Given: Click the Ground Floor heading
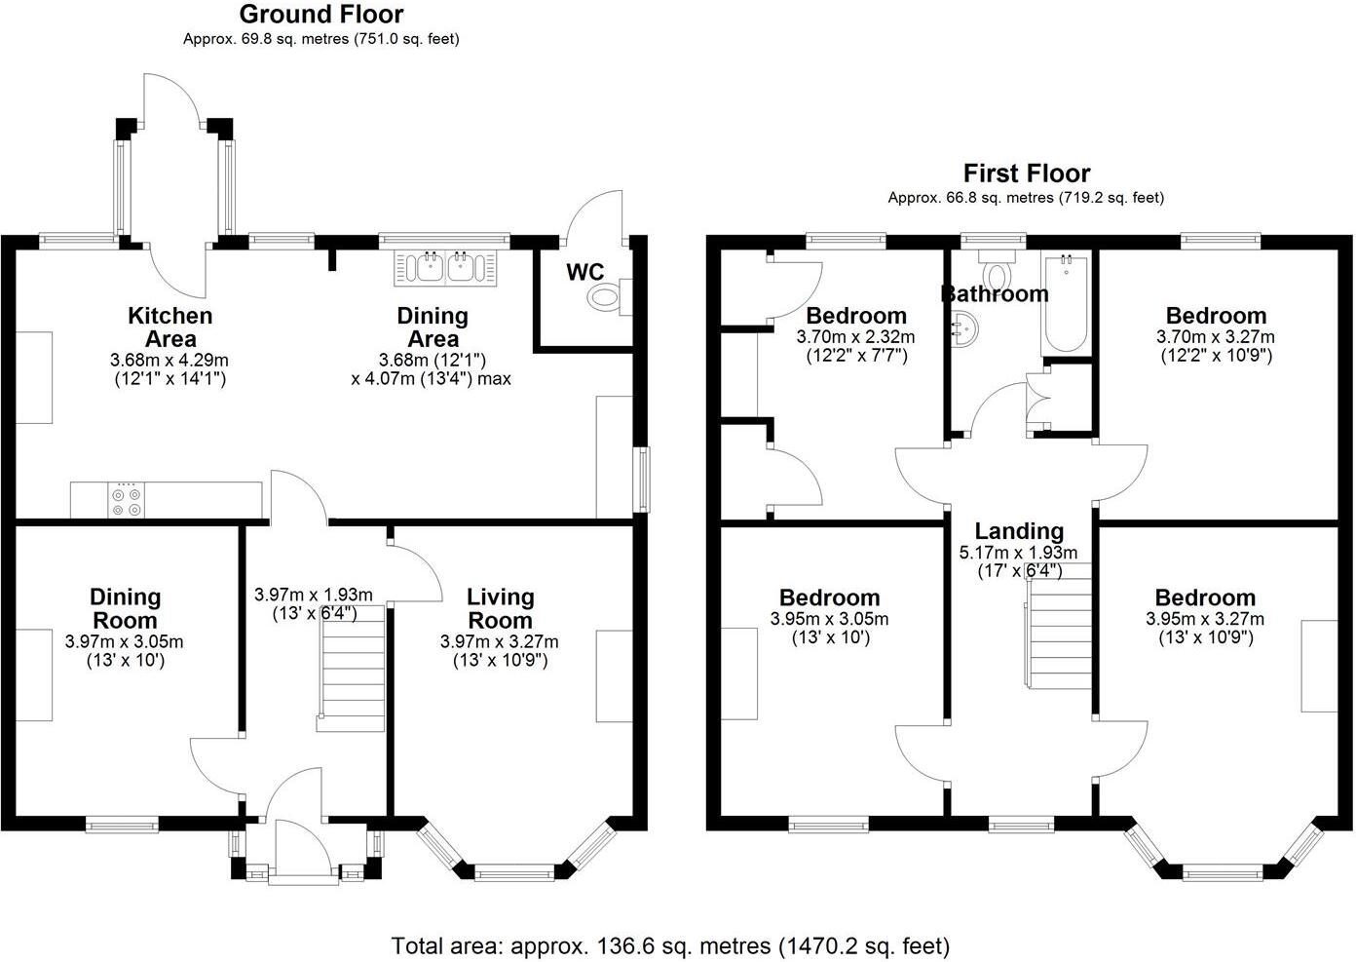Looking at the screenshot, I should click(320, 15).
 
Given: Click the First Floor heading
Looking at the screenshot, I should click(1026, 173).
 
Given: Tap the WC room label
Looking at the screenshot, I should click(585, 272).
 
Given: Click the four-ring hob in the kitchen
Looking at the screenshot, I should click(126, 500).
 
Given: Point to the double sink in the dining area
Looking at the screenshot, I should click(446, 268).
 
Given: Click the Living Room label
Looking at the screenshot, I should click(500, 608).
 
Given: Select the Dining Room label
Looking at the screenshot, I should click(125, 608).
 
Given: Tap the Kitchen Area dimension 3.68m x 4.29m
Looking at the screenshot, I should click(169, 361).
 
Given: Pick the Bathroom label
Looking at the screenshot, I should click(994, 293).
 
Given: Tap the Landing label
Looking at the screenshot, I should click(1019, 531).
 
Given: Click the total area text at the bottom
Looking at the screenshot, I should click(670, 945).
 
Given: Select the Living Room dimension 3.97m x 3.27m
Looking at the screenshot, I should click(500, 641).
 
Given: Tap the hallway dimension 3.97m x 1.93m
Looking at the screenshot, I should click(313, 595).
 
